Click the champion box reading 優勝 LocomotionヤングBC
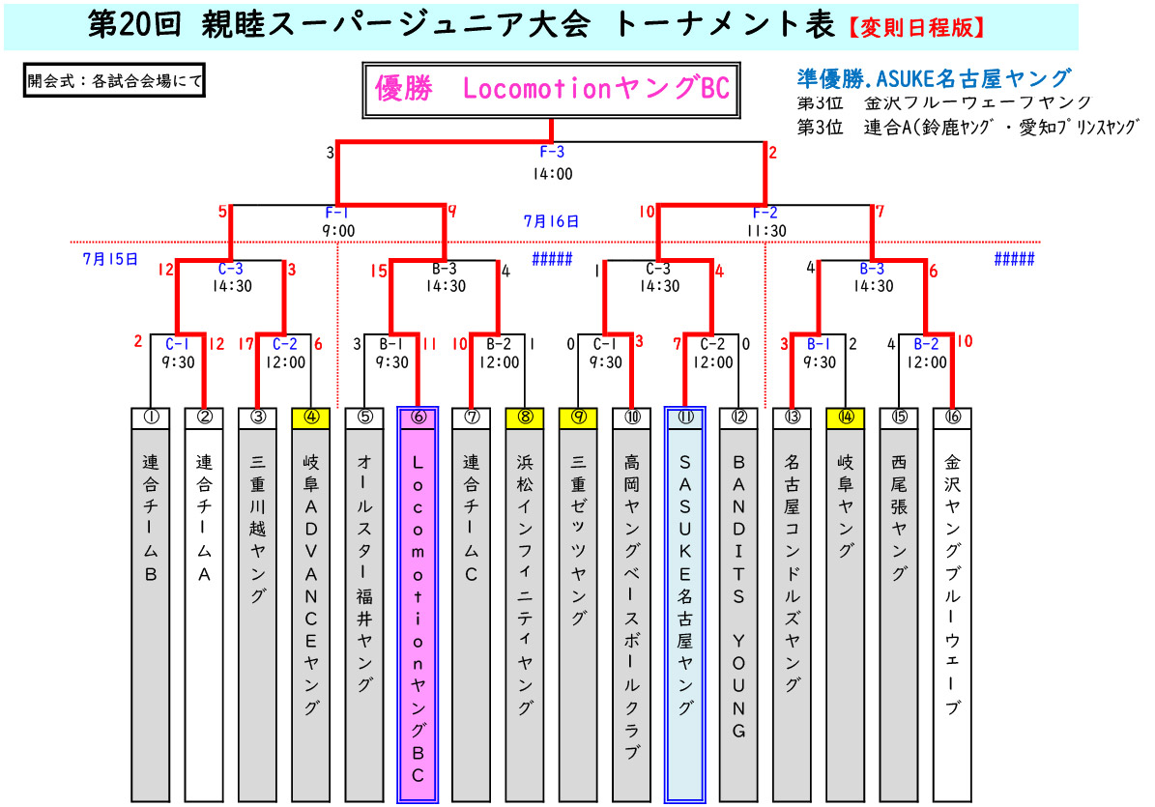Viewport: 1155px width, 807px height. pos(552,90)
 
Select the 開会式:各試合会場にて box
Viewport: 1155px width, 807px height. pos(115,81)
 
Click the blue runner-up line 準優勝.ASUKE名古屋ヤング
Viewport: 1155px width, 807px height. pos(933,78)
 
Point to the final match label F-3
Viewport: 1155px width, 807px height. pos(552,152)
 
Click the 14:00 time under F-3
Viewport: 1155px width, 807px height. pos(552,175)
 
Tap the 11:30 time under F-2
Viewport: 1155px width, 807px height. pos(765,231)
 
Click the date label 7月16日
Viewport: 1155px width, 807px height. pos(552,221)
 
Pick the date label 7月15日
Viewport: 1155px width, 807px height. pos(111,259)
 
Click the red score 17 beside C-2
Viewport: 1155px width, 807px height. pos(247,343)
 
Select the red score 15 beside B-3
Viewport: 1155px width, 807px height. pos(378,272)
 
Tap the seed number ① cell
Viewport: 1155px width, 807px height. pos(151,418)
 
